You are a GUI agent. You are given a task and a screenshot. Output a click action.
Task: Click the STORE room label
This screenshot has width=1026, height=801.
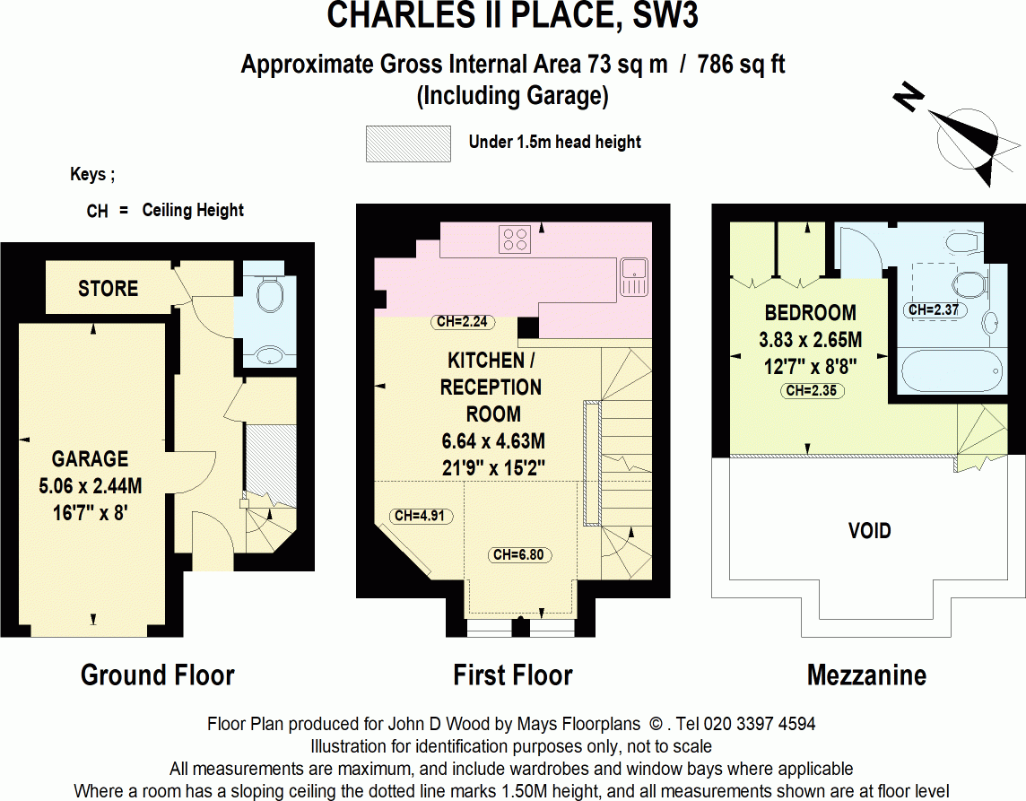pyautogui.click(x=108, y=289)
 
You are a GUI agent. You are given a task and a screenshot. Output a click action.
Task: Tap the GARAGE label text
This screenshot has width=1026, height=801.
pyautogui.click(x=90, y=459)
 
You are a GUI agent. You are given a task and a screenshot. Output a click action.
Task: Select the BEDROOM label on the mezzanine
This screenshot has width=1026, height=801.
pyautogui.click(x=810, y=313)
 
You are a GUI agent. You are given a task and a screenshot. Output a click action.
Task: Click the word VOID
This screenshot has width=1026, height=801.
pyautogui.click(x=869, y=531)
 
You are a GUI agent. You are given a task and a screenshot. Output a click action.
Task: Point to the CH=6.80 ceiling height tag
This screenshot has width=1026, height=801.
pyautogui.click(x=518, y=555)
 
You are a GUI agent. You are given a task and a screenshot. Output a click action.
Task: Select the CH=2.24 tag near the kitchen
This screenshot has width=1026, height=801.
pyautogui.click(x=463, y=322)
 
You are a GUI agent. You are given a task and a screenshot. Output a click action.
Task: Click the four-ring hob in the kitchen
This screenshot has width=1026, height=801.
pyautogui.click(x=516, y=239)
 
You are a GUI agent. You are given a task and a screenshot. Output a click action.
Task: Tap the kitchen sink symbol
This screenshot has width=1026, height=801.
pyautogui.click(x=634, y=275)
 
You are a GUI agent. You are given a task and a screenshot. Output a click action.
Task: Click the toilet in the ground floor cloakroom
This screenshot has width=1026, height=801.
pyautogui.click(x=269, y=292)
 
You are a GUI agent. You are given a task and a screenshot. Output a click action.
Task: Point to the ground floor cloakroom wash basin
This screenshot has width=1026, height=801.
pyautogui.click(x=268, y=356)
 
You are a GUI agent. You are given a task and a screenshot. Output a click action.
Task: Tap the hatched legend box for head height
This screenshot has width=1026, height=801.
pyautogui.click(x=408, y=144)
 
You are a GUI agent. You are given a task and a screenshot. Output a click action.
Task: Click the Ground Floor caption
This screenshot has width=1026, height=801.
pyautogui.click(x=158, y=675)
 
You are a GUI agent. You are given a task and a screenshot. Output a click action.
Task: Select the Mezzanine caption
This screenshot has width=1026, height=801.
pyautogui.click(x=866, y=675)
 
